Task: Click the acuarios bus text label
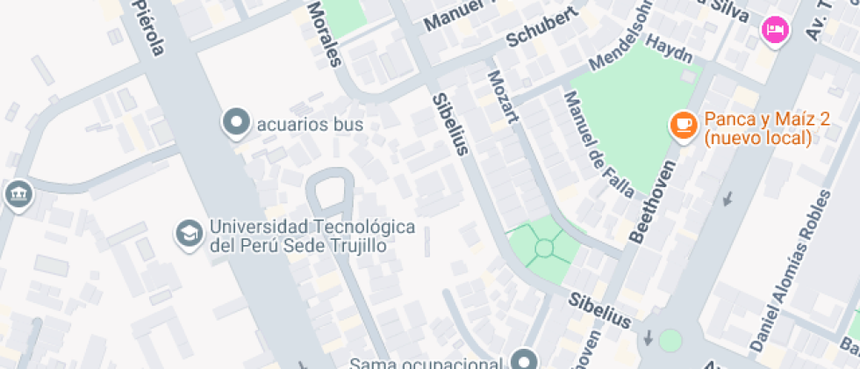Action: coord(309,124)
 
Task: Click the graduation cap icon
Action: coord(189,234)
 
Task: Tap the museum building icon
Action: coord(17,195)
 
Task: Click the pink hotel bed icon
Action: coord(776,31)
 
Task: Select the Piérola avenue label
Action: coord(146,27)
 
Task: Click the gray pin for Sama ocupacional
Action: coord(525,359)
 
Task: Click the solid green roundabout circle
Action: coord(670,341)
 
